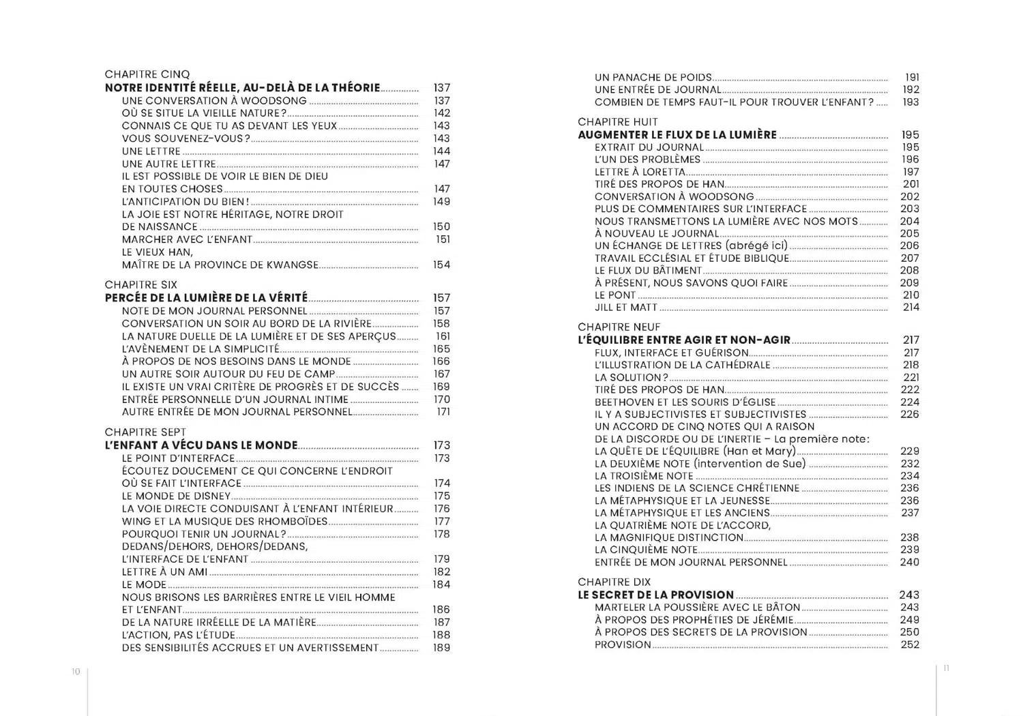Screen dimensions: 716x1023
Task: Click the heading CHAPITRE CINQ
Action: pyautogui.click(x=147, y=74)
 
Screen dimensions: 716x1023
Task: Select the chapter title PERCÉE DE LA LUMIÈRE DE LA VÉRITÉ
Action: pyautogui.click(x=206, y=298)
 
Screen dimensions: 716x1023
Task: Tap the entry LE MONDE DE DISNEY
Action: pyautogui.click(x=176, y=496)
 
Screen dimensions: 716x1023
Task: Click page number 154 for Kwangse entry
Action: pyautogui.click(x=441, y=265)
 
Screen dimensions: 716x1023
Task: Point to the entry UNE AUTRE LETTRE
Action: pyautogui.click(x=168, y=164)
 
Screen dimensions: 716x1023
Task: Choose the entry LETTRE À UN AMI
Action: pyautogui.click(x=164, y=571)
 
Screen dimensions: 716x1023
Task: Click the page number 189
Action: pyautogui.click(x=441, y=648)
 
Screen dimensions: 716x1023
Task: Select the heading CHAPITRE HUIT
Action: pyautogui.click(x=617, y=122)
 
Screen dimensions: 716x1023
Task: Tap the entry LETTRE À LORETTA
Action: pyautogui.click(x=640, y=172)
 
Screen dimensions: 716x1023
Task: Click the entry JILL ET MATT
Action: pyautogui.click(x=625, y=308)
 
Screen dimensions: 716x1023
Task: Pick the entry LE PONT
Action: pyautogui.click(x=615, y=295)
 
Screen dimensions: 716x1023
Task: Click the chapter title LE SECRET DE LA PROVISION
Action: pyautogui.click(x=655, y=595)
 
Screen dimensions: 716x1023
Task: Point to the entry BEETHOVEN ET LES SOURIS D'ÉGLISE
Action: pyautogui.click(x=685, y=402)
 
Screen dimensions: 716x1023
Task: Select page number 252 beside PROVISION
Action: pyautogui.click(x=910, y=644)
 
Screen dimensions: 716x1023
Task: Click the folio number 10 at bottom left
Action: pyautogui.click(x=76, y=672)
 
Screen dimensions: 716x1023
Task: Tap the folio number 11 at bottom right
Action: pyautogui.click(x=946, y=668)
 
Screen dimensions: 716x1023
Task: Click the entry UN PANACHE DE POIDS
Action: pyautogui.click(x=653, y=78)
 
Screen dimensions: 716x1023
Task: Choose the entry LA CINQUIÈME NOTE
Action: pyautogui.click(x=646, y=550)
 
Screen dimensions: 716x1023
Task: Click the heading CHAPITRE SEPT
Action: pyautogui.click(x=145, y=432)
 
